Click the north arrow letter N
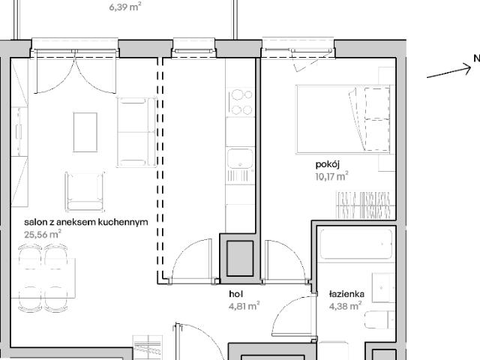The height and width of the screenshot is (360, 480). click(x=475, y=58)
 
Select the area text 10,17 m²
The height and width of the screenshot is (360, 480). click(x=331, y=178)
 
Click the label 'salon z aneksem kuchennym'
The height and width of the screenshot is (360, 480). click(x=85, y=222)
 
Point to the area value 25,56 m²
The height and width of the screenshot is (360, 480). click(x=43, y=234)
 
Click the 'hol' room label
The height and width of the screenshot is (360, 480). click(x=236, y=294)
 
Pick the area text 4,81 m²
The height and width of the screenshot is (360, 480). click(x=244, y=305)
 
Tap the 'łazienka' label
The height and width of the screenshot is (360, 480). click(x=346, y=294)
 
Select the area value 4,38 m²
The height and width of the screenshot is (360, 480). click(x=346, y=305)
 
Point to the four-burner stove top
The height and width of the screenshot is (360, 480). click(x=240, y=103)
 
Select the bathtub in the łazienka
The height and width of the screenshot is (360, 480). click(x=355, y=245)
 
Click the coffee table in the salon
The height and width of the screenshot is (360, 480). click(x=84, y=131)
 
